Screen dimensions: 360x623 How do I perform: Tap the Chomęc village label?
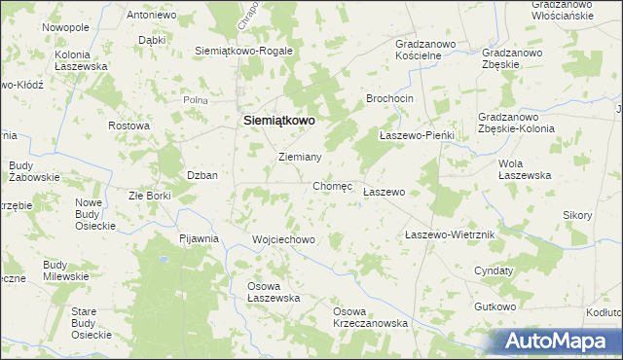coord(332,185)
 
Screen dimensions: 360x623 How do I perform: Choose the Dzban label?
coord(202,175)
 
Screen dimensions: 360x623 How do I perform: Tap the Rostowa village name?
coord(128,126)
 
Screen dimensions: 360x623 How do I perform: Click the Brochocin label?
coord(390,99)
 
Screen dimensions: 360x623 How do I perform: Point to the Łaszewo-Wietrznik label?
coord(451,235)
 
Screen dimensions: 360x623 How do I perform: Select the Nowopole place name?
coord(65,28)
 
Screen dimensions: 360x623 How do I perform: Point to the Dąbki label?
coord(152,41)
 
